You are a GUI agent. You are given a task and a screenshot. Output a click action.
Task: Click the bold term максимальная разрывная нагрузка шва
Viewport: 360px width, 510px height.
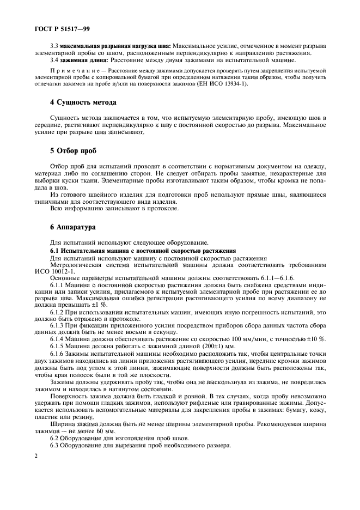tap(115, 46)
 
